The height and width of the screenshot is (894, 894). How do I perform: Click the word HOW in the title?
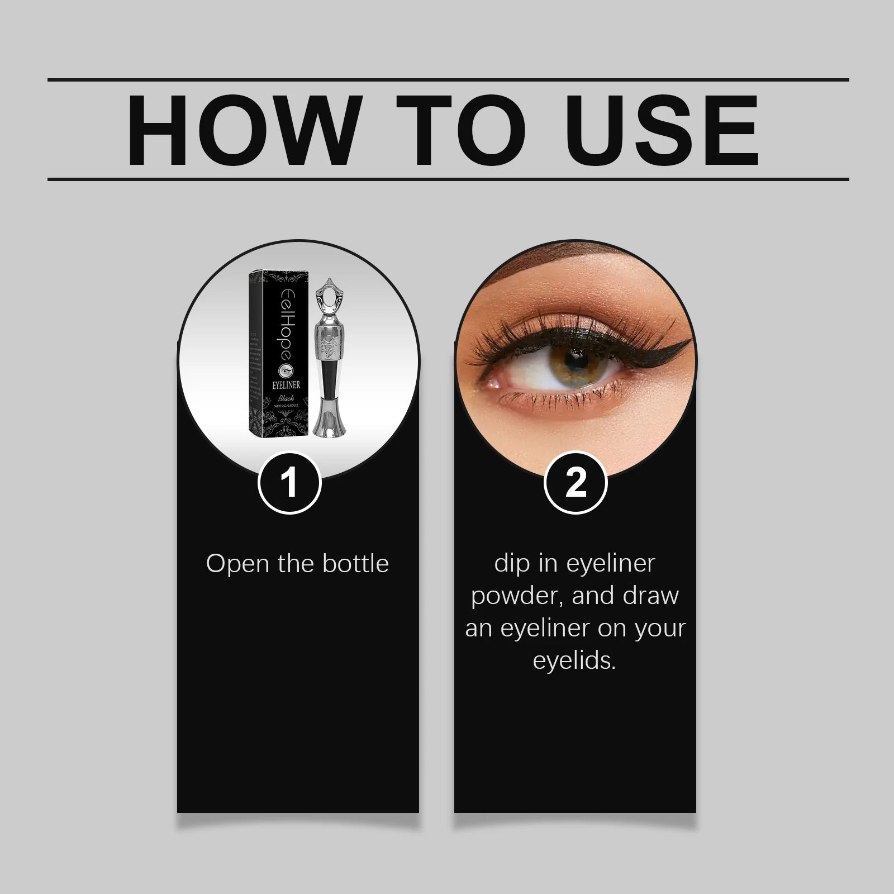pos(242,130)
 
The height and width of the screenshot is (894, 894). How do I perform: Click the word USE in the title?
pos(665,130)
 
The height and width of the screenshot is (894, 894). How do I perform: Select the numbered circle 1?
pos(289,482)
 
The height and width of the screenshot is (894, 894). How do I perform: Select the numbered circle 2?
pos(575,482)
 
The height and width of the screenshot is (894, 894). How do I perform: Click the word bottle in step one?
pos(355,563)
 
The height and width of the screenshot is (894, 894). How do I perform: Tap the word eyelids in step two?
pos(573,660)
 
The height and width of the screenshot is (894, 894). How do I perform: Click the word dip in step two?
pos(512,563)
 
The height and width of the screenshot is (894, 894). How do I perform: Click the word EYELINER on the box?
pos(286,384)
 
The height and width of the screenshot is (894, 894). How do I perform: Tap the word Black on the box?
pos(286,398)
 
